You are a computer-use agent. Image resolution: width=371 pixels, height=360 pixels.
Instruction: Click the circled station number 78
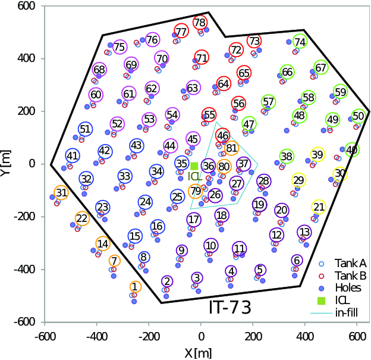199,23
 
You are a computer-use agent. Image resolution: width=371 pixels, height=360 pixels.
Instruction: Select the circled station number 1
135,287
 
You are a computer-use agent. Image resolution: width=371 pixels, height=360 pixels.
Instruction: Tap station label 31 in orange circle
61,192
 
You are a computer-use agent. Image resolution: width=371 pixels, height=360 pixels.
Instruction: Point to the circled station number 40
352,149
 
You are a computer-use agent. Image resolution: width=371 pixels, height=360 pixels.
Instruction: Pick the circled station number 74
300,42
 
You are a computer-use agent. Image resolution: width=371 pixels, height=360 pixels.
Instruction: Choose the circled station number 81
231,148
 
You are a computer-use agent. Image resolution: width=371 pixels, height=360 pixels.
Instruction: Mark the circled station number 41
73,156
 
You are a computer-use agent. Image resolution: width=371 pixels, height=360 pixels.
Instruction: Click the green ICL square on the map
194,166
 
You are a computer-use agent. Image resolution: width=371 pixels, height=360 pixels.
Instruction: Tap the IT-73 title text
229,308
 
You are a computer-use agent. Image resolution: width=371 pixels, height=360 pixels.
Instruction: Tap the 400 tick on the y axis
24,58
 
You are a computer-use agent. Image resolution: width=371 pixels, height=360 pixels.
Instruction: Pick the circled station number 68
99,70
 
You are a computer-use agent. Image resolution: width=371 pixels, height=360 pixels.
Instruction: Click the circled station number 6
297,260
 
